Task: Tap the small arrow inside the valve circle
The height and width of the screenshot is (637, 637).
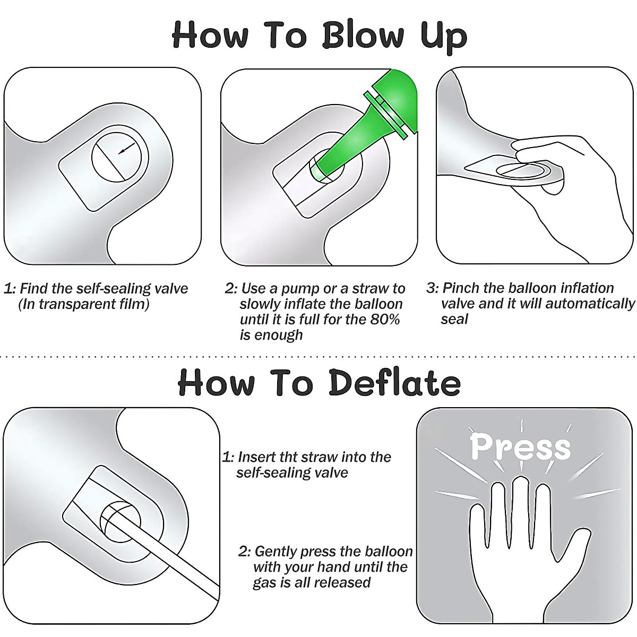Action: [127, 148]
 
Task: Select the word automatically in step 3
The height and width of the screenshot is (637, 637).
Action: [590, 304]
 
